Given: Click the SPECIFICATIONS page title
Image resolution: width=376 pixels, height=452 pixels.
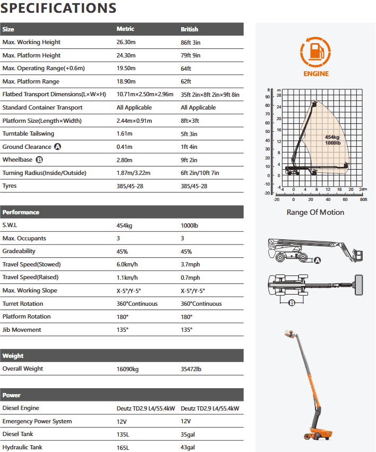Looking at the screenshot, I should (x=59, y=8).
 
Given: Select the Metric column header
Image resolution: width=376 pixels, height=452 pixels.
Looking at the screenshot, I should (x=125, y=29).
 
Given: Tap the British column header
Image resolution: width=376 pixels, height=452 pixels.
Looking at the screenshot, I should (x=189, y=29).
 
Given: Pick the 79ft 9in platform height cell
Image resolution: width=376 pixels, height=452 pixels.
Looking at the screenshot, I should (x=192, y=55).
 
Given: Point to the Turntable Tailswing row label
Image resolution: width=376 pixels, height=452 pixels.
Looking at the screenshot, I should (x=28, y=133).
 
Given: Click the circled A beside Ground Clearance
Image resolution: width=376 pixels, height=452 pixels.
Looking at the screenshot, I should (x=57, y=147).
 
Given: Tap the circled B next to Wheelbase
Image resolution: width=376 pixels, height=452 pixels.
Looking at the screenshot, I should (x=39, y=160).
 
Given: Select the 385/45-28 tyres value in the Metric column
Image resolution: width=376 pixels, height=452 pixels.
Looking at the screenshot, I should (x=130, y=186).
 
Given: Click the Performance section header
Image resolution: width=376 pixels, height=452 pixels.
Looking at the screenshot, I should (x=21, y=212).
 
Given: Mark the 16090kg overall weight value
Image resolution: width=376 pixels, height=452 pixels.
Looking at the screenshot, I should (x=129, y=369).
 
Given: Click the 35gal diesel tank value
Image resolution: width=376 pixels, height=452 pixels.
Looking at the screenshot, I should (x=188, y=434).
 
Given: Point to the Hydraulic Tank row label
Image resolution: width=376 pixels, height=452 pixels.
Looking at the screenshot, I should (x=22, y=447).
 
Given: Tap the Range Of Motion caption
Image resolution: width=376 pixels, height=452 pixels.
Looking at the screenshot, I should (x=315, y=212).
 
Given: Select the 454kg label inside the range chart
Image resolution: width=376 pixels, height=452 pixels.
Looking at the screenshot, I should (x=332, y=137).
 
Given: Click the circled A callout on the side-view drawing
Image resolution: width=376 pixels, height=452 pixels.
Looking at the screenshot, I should (x=318, y=260).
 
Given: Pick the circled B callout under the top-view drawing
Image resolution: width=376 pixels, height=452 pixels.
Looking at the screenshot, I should (x=292, y=304).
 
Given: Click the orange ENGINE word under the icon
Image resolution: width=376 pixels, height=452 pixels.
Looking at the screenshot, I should (x=316, y=74).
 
